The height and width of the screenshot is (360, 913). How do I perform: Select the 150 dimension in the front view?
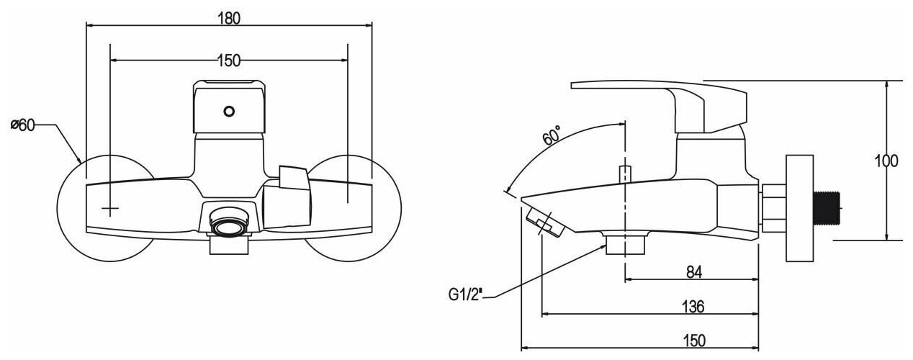pos(228,60)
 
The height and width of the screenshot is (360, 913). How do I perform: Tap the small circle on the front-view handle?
pos(230,112)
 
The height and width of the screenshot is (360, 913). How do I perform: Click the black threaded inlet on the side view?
pos(829,206)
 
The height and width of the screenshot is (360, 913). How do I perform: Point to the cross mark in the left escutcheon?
pos(109,209)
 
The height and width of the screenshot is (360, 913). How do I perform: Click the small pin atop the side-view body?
pos(625,174)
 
